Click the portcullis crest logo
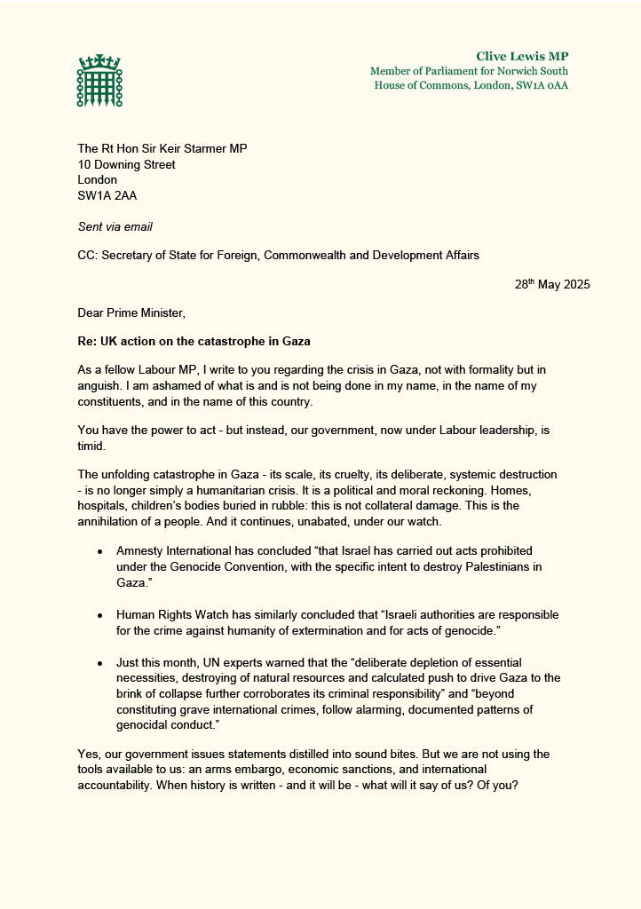(x=99, y=81)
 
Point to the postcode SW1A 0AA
(x=542, y=85)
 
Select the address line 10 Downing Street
(x=126, y=164)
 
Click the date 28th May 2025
(x=551, y=285)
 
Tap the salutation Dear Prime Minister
(x=131, y=313)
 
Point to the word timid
(x=91, y=450)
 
